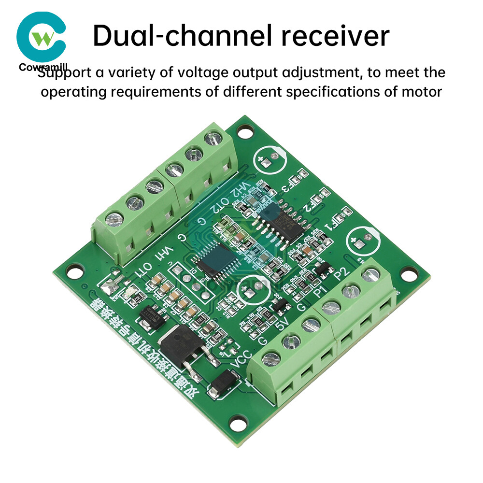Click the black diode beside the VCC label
point(224,383)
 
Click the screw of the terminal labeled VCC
point(271,358)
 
